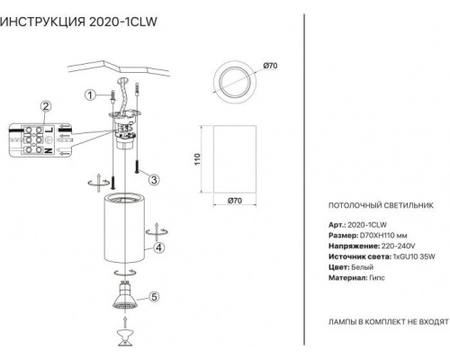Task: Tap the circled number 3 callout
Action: point(154,180)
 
